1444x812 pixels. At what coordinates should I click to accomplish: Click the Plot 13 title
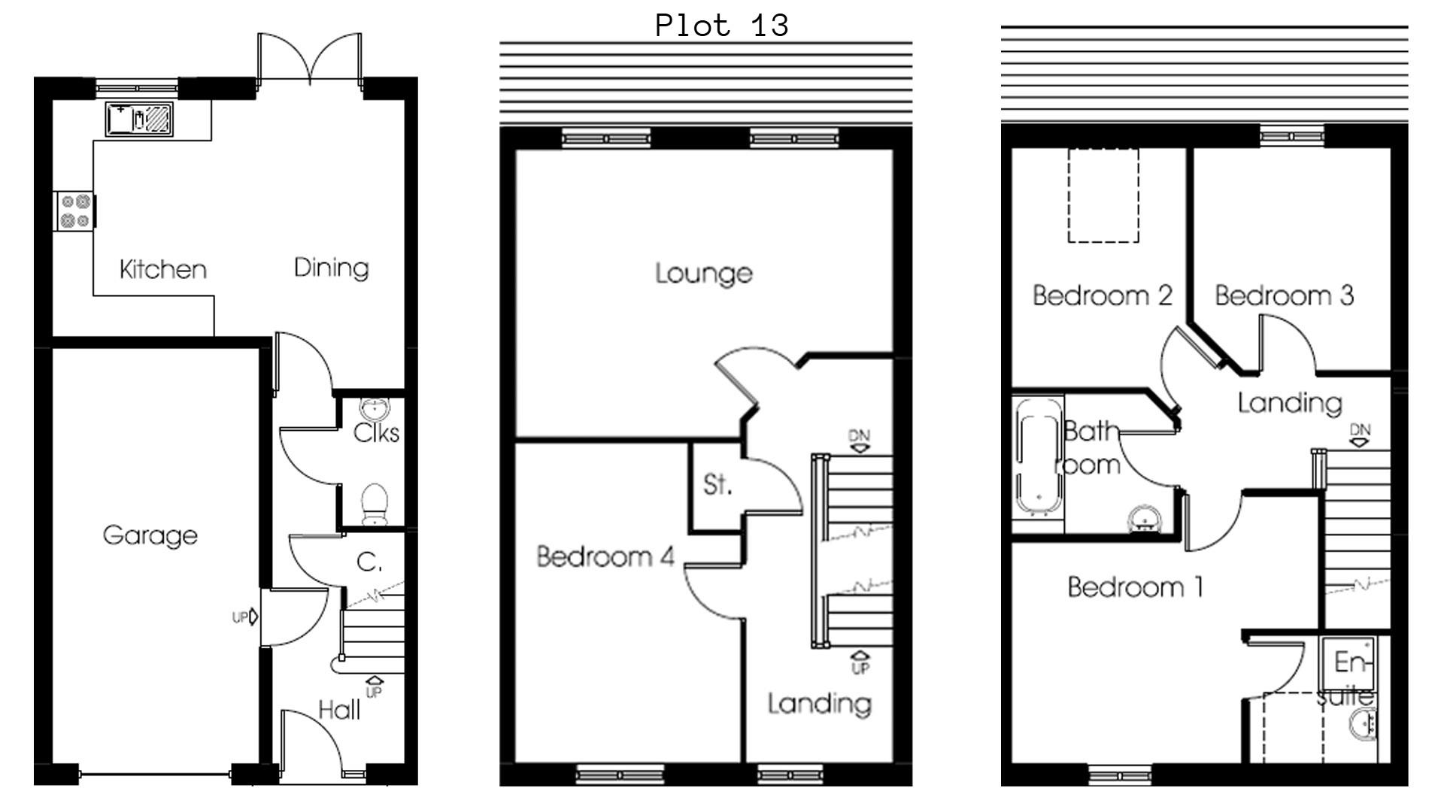pos(721,26)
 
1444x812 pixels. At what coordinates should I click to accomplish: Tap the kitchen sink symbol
pos(140,120)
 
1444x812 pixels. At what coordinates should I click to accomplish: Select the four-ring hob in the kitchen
pos(75,211)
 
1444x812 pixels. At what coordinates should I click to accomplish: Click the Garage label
pos(150,535)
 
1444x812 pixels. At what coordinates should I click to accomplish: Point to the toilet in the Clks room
pos(374,504)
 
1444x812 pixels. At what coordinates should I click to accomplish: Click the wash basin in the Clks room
pos(375,408)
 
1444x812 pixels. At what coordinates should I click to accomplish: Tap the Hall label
pos(338,710)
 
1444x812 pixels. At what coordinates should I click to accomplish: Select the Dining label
pos(331,268)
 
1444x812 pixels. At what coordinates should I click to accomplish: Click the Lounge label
pos(703,273)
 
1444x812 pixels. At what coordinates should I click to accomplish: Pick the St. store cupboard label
pos(717,485)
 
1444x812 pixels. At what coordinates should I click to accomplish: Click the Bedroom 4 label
pos(605,556)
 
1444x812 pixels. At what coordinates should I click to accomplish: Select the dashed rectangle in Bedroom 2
pos(1103,195)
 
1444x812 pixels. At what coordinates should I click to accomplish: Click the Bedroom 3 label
pos(1284,295)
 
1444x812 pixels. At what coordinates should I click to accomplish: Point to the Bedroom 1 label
pos(1135,586)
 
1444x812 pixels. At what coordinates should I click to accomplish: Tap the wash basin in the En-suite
pos(1364,726)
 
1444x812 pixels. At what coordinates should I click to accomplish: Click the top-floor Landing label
pos(1290,403)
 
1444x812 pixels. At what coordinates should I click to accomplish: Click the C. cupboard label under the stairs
pos(369,562)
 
